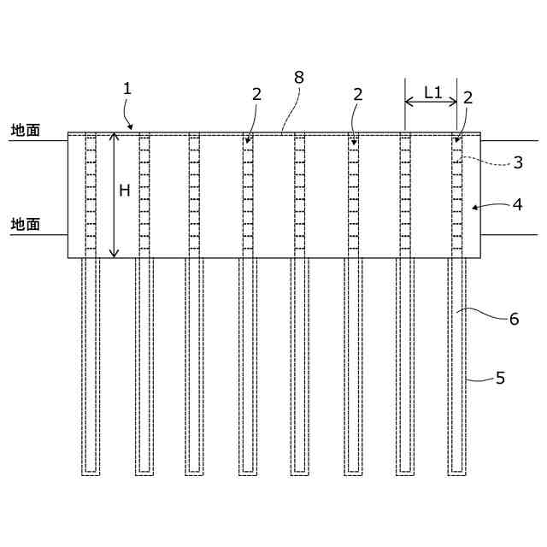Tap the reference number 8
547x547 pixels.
pyautogui.click(x=298, y=76)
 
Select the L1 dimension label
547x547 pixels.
pyautogui.click(x=433, y=93)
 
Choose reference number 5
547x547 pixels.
pyautogui.click(x=502, y=376)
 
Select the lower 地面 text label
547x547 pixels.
pyautogui.click(x=25, y=224)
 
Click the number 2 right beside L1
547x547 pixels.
pyautogui.click(x=468, y=97)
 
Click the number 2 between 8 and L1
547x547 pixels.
pyautogui.click(x=357, y=94)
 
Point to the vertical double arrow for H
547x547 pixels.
pyautogui.click(x=113, y=195)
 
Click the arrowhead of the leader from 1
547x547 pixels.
pyautogui.click(x=131, y=126)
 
